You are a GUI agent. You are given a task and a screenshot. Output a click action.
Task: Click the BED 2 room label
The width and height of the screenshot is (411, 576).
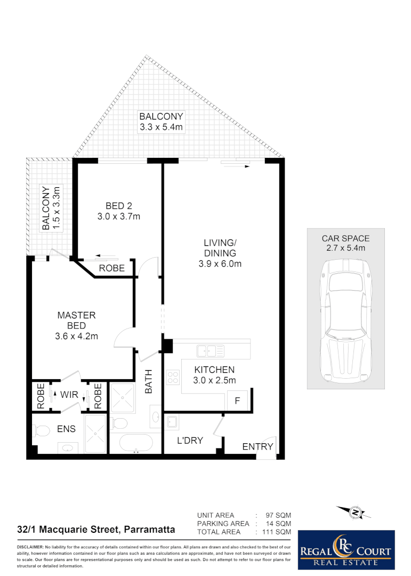[118, 211]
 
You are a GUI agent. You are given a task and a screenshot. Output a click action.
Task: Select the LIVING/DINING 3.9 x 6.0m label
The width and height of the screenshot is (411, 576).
[220, 253]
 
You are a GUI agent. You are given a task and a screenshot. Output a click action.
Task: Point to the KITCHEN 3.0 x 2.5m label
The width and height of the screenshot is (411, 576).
[214, 374]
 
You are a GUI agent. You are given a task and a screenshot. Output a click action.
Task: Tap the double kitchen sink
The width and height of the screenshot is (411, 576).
[210, 351]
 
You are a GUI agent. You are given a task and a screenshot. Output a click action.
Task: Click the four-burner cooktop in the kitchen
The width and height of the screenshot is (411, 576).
[173, 378]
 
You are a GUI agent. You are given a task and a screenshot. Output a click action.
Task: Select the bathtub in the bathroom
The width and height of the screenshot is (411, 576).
[135, 444]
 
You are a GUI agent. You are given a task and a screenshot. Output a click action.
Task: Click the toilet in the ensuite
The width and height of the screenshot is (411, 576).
[41, 430]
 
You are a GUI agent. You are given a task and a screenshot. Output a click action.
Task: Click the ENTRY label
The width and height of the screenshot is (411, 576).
[257, 446]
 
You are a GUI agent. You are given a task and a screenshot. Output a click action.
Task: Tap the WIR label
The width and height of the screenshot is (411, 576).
[69, 395]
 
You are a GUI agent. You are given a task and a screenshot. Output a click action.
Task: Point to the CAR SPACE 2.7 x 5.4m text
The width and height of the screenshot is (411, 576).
[345, 243]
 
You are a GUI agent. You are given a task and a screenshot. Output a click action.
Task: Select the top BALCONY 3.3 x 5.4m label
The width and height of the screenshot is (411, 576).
[161, 122]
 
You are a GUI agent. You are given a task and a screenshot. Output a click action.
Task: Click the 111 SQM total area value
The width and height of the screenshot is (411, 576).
[273, 532]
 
